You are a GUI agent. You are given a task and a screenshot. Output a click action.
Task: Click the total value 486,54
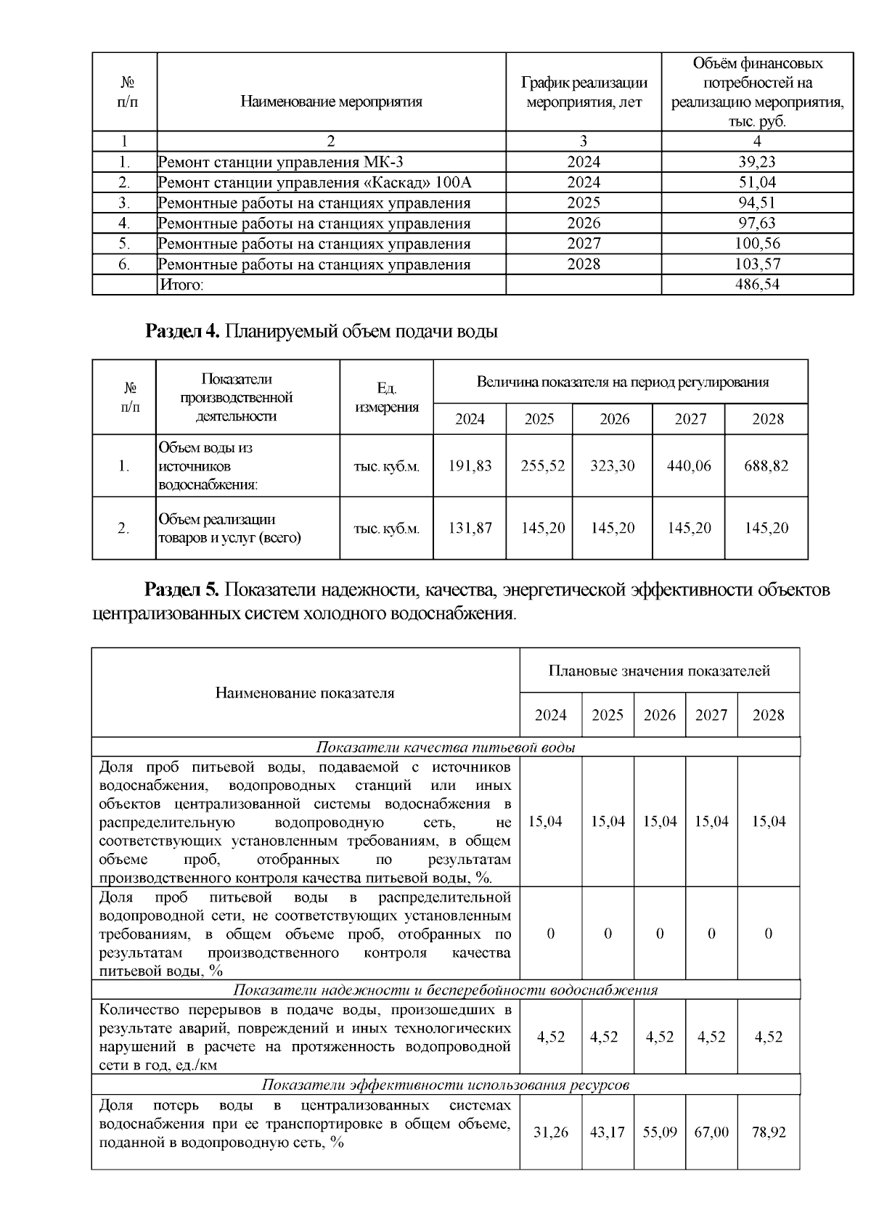pos(757,285)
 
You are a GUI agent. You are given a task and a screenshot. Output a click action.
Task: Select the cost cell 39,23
pos(757,162)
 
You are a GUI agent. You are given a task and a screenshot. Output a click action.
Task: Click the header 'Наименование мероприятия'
pos(331,102)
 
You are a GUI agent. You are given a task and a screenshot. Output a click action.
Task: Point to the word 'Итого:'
pos(181,285)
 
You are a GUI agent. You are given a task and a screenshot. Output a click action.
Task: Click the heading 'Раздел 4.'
pos(182,332)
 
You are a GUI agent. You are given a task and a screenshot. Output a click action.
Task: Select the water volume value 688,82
pos(766,465)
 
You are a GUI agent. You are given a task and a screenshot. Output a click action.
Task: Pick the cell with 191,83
pos(470,465)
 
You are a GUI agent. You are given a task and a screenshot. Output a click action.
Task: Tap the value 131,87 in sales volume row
pos(470,528)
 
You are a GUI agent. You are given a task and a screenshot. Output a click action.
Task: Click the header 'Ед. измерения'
pos(386,398)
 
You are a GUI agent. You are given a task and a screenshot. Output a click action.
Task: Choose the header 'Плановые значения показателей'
pos(659,671)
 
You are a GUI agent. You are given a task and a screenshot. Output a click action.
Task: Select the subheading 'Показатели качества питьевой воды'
pos(446,748)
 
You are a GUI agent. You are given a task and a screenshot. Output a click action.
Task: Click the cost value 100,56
pos(757,244)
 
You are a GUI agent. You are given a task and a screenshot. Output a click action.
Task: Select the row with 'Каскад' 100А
pos(319,182)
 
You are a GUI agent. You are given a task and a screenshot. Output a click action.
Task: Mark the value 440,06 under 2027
pos(689,465)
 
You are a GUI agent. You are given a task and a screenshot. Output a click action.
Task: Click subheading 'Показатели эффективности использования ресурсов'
pos(446,1085)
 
